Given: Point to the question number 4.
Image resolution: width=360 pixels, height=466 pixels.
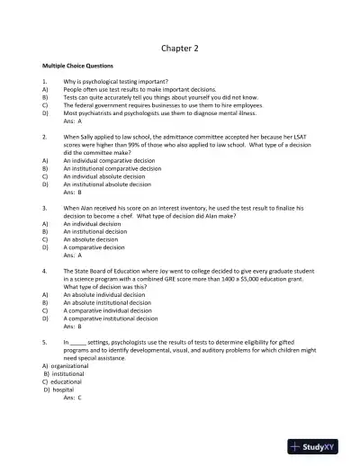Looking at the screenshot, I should point(44,270).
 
